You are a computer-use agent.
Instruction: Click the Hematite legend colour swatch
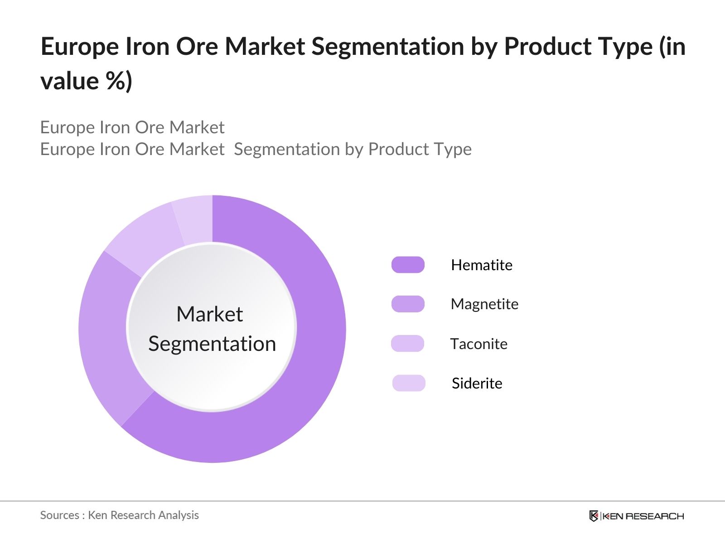point(408,265)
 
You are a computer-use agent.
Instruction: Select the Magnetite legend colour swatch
point(408,304)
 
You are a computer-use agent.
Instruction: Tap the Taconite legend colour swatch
point(407,344)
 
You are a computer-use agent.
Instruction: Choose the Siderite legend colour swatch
point(409,383)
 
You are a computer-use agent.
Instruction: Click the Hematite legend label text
point(482,265)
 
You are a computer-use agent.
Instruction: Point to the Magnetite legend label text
point(484,304)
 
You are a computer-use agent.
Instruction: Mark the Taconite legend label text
point(478,344)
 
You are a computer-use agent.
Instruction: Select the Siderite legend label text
point(477,383)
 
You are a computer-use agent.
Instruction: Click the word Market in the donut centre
point(209,314)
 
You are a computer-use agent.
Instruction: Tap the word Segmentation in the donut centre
point(212,344)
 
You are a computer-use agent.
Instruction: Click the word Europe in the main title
point(79,47)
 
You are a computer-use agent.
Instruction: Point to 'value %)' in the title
point(86,82)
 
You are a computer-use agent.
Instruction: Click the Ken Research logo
point(636,516)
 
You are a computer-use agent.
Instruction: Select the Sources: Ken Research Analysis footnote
point(119,515)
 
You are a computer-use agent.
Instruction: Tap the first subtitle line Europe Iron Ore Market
point(132,127)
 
